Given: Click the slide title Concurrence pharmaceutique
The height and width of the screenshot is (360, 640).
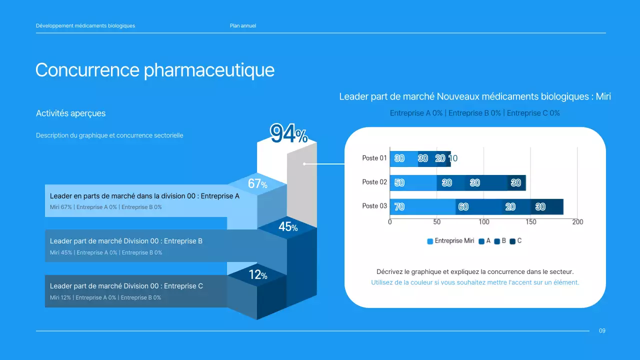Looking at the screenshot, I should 155,70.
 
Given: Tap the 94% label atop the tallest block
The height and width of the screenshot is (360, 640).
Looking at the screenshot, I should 288,134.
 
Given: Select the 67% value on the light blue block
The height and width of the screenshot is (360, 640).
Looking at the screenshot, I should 257,184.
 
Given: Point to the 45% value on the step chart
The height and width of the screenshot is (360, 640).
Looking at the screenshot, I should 288,227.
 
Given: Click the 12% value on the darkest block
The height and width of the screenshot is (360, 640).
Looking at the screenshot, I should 258,275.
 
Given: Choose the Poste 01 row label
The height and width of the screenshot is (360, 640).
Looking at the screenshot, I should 374,158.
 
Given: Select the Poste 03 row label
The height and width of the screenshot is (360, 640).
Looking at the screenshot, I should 374,206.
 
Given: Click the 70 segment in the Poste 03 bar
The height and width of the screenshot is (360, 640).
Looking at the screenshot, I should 399,206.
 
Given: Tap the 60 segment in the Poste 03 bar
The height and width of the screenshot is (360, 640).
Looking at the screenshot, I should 463,206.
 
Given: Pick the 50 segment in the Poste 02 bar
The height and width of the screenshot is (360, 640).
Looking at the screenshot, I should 399,182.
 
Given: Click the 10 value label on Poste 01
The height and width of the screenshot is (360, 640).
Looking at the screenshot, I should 453,158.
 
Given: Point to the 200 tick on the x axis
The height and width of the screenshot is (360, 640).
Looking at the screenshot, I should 577,222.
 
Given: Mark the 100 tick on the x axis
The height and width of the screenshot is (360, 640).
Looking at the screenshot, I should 483,222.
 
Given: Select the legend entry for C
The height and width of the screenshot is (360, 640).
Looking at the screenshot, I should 516,241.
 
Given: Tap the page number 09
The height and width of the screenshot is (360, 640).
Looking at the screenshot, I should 602,331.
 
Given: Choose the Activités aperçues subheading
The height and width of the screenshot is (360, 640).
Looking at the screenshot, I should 70,113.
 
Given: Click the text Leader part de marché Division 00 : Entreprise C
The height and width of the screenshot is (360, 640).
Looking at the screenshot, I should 126,286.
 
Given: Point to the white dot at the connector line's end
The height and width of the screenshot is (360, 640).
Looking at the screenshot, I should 304,163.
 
